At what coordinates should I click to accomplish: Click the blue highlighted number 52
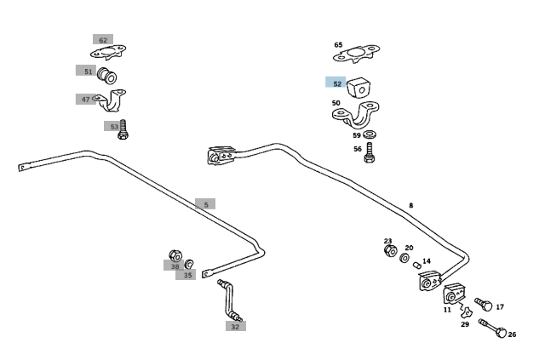pos(337,83)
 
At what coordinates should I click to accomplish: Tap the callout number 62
pos(103,40)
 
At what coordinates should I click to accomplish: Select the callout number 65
pos(338,45)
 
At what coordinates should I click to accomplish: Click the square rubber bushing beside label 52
pos(359,88)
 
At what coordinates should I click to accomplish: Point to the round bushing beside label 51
pos(106,76)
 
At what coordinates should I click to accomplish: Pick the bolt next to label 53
pos(123,129)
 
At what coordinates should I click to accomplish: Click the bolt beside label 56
pos(369,152)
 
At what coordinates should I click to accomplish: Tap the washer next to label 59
pos(370,134)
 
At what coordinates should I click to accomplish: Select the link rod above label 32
pos(230,300)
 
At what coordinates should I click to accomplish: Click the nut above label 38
pos(175,256)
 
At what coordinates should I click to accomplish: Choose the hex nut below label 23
pos(391,250)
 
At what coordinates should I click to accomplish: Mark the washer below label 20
pos(404,258)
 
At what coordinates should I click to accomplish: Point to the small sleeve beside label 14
pos(417,266)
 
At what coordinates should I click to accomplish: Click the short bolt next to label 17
pos(484,305)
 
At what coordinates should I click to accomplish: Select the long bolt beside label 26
pos(492,328)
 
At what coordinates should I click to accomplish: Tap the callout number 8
pos(411,206)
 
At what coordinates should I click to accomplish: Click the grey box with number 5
pos(205,204)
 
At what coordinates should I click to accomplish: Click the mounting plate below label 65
pos(356,54)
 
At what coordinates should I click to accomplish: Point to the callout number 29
pos(465,324)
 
